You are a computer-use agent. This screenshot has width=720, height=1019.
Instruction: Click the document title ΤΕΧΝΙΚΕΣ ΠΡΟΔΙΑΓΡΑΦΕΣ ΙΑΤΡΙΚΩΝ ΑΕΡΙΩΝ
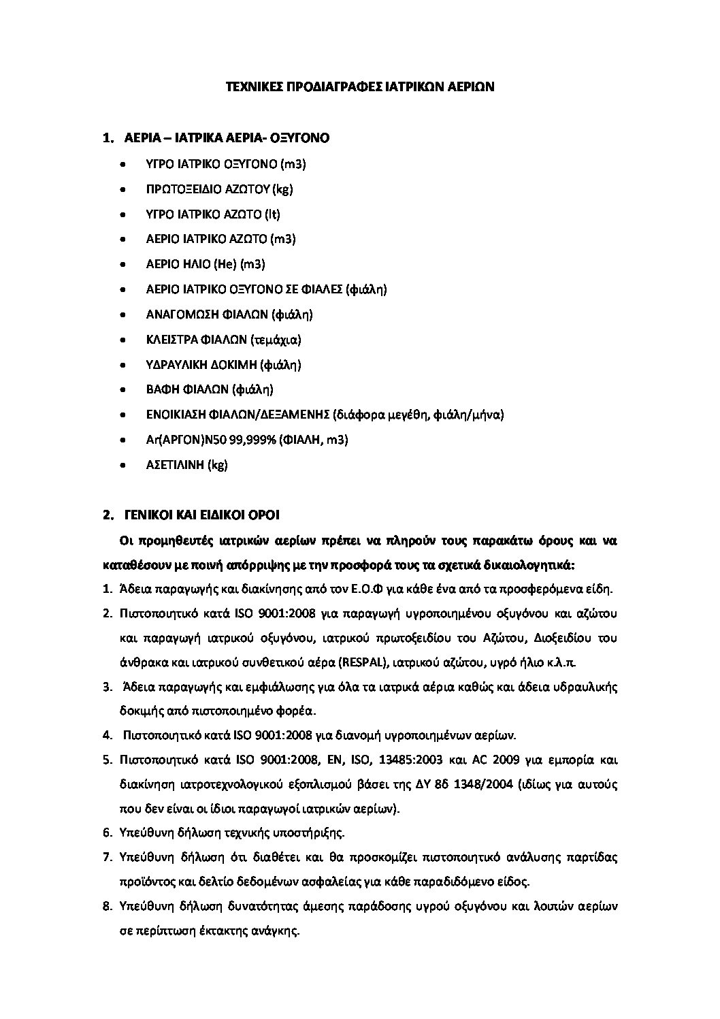(360, 87)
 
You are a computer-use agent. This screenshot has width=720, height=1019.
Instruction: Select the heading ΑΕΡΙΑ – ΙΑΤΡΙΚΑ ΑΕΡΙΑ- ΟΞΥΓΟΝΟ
(227, 138)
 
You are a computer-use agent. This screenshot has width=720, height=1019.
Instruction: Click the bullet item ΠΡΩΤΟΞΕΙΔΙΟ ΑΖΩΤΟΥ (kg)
(219, 189)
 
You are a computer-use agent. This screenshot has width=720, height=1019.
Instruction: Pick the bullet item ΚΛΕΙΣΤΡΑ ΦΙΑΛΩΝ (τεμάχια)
(223, 340)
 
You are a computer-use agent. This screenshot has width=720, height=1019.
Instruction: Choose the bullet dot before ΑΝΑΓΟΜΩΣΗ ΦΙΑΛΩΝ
(122, 314)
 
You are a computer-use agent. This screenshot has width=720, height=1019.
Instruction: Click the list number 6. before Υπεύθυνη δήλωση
(107, 832)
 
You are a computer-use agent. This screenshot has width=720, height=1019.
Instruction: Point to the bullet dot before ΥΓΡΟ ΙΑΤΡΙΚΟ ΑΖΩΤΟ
(122, 214)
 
